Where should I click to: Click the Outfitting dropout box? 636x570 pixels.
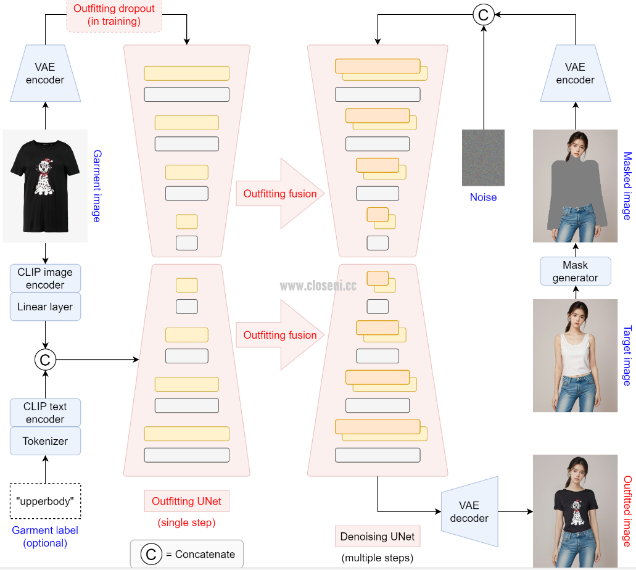coord(114,15)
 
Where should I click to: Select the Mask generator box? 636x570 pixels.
coord(575,271)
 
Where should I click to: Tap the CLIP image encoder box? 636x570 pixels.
coord(45,278)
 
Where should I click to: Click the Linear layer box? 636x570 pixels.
coord(45,307)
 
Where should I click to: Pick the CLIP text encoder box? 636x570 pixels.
coord(45,413)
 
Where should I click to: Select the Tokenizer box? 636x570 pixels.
coord(45,441)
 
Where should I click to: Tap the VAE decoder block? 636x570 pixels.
coord(469,511)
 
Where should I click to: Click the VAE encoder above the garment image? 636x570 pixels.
coord(45,73)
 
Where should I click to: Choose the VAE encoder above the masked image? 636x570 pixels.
coord(575,73)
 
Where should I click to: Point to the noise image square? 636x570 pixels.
coord(483,157)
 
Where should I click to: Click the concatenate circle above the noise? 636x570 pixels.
coord(484,15)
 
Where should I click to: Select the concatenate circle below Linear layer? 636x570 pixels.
coord(45,358)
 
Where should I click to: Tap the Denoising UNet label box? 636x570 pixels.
coord(378,536)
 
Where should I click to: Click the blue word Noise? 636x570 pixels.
coord(483,197)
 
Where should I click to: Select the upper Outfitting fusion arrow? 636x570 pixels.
coord(280,194)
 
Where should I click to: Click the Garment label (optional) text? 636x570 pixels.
coord(45,537)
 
